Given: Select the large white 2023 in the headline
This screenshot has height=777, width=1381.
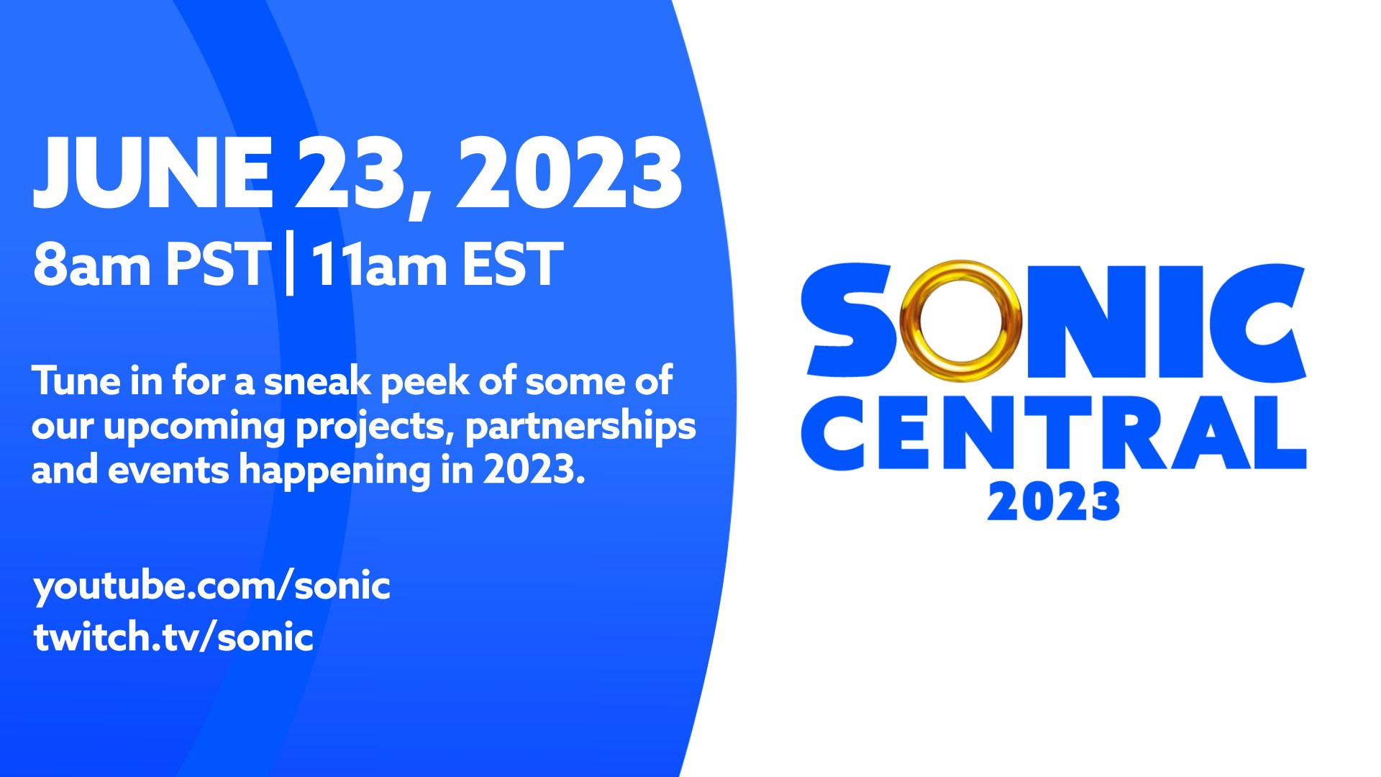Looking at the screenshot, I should (x=568, y=173).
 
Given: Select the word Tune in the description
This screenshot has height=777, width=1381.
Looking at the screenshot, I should (x=76, y=381).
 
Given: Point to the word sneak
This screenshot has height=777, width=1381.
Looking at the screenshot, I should (x=316, y=382).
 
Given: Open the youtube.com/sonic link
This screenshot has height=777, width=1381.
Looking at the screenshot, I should (x=211, y=586).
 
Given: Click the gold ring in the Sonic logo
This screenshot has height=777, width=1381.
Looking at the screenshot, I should (x=960, y=321).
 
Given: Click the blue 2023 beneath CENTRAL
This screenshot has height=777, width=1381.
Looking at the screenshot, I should (x=1054, y=501).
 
